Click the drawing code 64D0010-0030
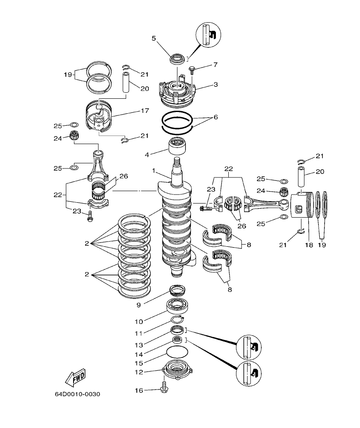pos(77,394)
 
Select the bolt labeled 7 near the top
pos(192,68)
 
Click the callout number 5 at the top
pos(153,38)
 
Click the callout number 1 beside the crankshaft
pos(153,170)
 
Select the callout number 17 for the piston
pos(145,110)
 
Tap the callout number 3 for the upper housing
pos(215,85)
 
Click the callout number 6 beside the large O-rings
pos(215,116)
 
